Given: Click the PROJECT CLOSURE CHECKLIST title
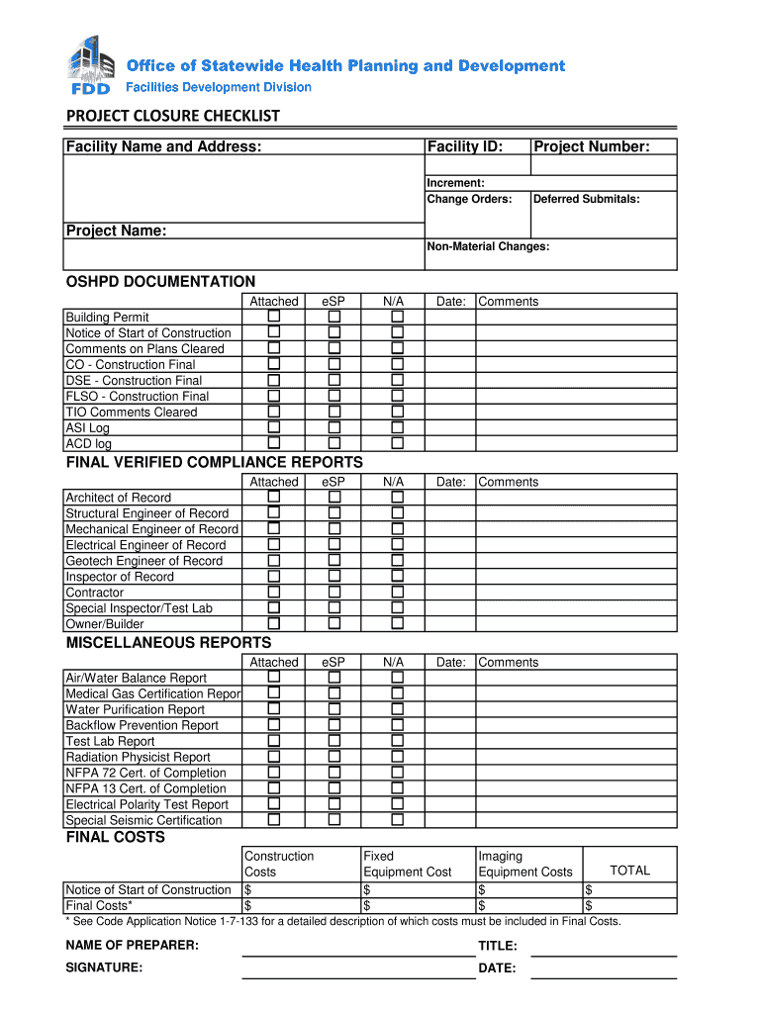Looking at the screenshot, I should pyautogui.click(x=172, y=117).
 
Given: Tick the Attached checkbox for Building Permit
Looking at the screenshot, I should pyautogui.click(x=274, y=317).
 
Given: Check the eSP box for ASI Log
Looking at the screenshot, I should pyautogui.click(x=334, y=427).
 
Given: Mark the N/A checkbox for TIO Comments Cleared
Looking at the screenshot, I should pyautogui.click(x=397, y=412).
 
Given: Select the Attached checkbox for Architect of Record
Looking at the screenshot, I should pyautogui.click(x=274, y=497).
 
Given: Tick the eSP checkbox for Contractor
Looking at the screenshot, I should pyautogui.click(x=334, y=592).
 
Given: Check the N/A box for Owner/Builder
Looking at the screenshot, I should pyautogui.click(x=397, y=623).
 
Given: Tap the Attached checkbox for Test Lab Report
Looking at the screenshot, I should pyautogui.click(x=274, y=740).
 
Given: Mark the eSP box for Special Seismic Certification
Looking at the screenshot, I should pyautogui.click(x=334, y=819).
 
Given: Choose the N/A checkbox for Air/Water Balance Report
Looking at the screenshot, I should pyautogui.click(x=397, y=677).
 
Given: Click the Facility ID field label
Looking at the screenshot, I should pyautogui.click(x=464, y=147).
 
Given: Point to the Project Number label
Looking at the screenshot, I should pyautogui.click(x=591, y=147).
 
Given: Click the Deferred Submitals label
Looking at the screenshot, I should pyautogui.click(x=586, y=199).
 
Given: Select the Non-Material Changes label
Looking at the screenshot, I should pyautogui.click(x=487, y=246).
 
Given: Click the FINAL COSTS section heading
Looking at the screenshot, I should pyautogui.click(x=115, y=837).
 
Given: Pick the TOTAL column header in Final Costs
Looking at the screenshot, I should pyautogui.click(x=629, y=871).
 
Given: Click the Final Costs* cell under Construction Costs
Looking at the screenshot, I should pyautogui.click(x=301, y=905).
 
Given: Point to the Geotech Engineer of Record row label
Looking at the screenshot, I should pyautogui.click(x=143, y=561).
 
